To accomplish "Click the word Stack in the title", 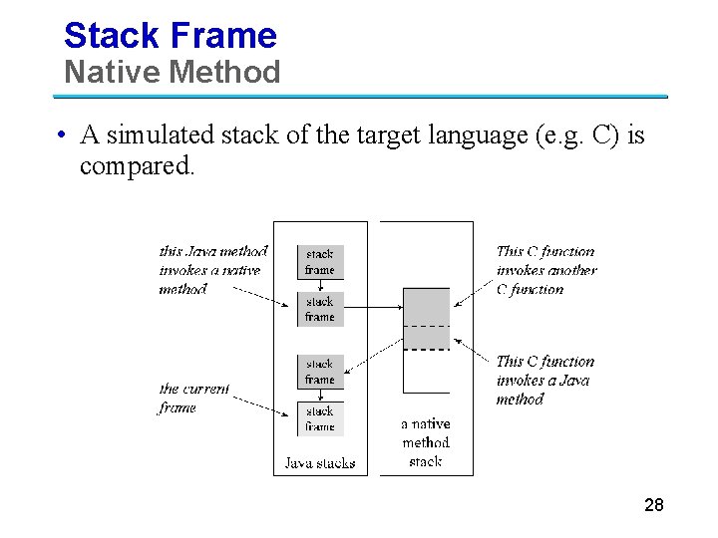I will (108, 36).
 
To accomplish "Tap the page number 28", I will (654, 505).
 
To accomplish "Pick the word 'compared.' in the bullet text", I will (139, 165).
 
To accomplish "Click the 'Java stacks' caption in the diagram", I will (320, 463).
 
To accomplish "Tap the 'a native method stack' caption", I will (426, 442).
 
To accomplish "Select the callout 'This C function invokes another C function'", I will (545, 271).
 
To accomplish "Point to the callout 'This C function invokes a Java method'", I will (544, 381).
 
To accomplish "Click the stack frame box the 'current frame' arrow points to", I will (320, 418).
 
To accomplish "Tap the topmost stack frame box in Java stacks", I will (320, 261).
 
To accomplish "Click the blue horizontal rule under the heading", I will (359, 97).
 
